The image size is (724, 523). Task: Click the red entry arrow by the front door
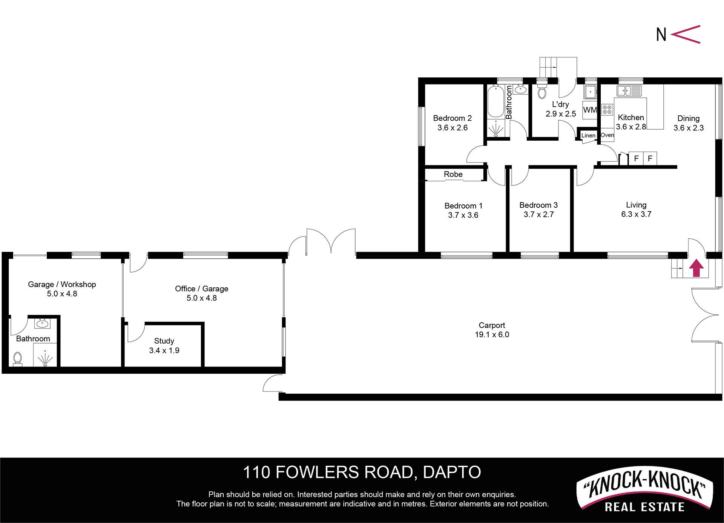click(x=696, y=268)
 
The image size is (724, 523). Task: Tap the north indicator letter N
click(x=661, y=34)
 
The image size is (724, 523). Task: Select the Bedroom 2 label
click(x=452, y=118)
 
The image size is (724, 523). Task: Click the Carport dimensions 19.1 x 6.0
click(x=492, y=334)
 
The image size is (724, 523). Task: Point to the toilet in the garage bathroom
click(x=17, y=359)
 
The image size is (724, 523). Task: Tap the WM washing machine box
click(x=590, y=110)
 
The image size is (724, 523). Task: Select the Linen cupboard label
click(x=588, y=135)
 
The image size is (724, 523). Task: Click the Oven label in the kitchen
click(x=607, y=135)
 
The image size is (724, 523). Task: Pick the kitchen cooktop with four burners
click(x=607, y=110)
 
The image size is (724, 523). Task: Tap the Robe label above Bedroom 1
click(x=453, y=174)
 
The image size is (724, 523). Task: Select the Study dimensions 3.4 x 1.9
click(x=164, y=350)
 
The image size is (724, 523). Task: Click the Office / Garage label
click(x=202, y=288)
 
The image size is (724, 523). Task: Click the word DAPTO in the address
click(x=452, y=472)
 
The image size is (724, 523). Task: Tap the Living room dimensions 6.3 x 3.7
click(x=636, y=214)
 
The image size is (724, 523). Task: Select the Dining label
click(x=688, y=118)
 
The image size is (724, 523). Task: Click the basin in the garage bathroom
click(x=42, y=324)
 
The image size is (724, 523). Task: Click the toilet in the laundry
click(x=542, y=90)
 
